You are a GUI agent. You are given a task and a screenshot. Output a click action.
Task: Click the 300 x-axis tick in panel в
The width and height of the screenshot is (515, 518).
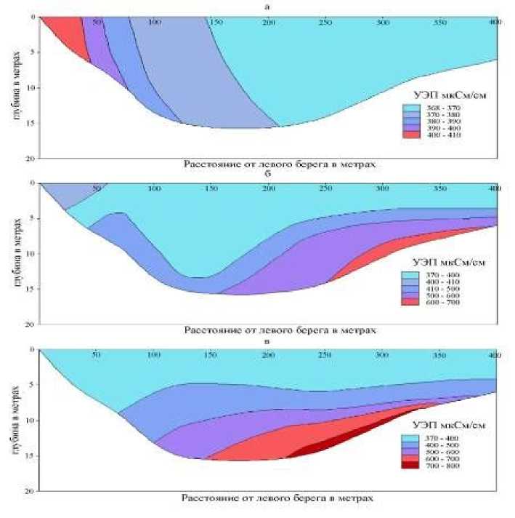click(382, 355)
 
